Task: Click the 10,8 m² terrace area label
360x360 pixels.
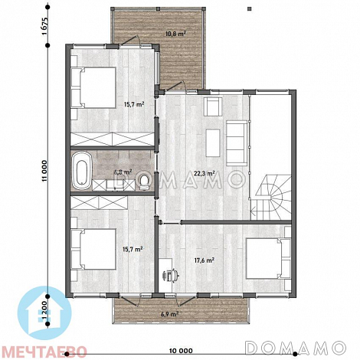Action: [175, 33]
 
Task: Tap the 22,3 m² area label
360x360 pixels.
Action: [205, 174]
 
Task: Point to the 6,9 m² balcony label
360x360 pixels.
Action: [169, 314]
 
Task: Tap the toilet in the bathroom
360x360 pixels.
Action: [144, 182]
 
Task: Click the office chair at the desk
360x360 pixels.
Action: [171, 275]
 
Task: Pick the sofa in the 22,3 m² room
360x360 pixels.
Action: [237, 143]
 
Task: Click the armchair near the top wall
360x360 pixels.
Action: [213, 106]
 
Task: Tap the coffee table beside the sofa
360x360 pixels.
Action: [213, 143]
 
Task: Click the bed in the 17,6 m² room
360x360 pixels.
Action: [268, 258]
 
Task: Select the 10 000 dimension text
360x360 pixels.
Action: [181, 351]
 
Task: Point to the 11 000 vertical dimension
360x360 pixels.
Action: [44, 171]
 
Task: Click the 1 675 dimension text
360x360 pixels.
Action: [44, 27]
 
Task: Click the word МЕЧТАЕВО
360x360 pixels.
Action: [44, 352]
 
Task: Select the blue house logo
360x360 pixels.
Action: [44, 313]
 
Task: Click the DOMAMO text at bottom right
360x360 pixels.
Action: [296, 348]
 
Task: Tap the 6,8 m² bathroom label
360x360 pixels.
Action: [123, 172]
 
